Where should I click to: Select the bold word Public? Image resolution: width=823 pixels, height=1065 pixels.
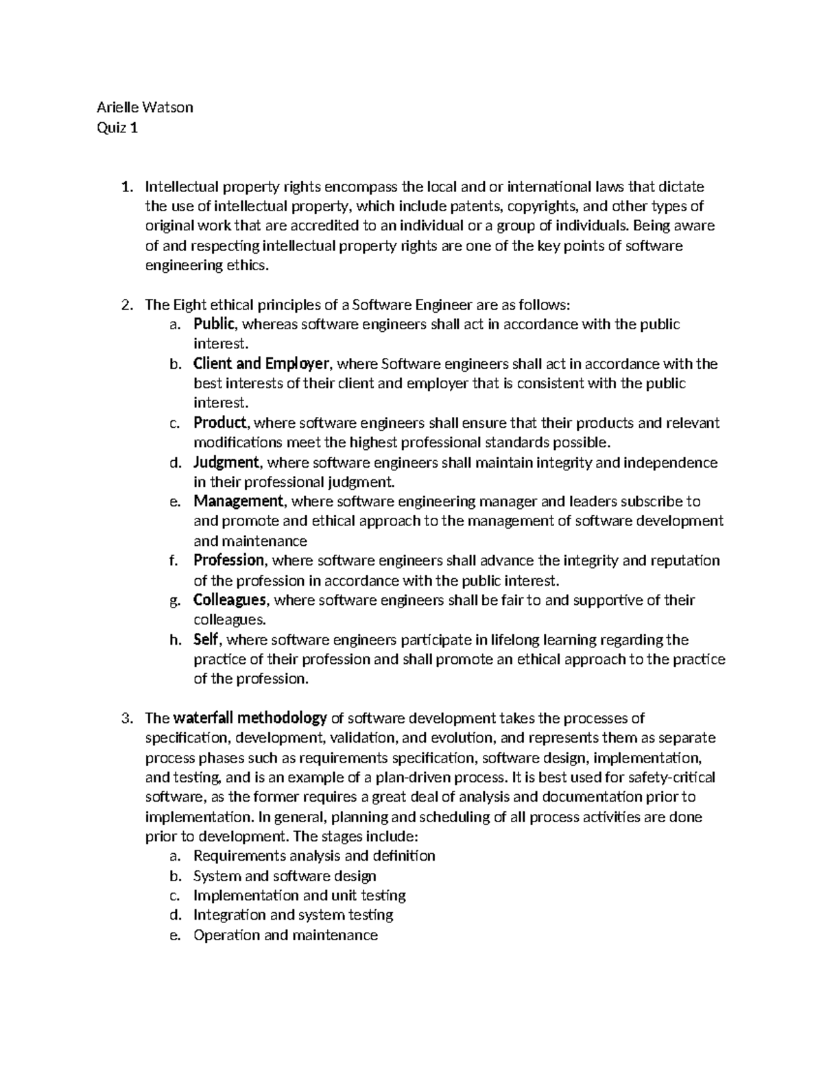[215, 324]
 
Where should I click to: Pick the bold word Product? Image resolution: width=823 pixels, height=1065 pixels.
[219, 423]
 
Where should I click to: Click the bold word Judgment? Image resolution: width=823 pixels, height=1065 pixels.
[226, 462]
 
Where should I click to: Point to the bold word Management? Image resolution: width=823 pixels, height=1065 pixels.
[238, 502]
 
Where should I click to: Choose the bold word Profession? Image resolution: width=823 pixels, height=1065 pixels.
[228, 561]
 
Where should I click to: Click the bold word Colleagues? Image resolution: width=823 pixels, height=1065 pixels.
[229, 600]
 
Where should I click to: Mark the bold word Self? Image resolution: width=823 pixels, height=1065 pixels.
[206, 640]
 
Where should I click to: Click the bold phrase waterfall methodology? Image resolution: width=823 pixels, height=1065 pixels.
[250, 718]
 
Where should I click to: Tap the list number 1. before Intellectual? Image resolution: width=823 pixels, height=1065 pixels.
[125, 187]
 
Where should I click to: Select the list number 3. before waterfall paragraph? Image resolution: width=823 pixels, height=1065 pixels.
[125, 719]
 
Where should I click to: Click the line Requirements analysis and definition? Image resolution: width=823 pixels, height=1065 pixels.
[314, 856]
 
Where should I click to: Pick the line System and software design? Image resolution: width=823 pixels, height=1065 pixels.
[285, 876]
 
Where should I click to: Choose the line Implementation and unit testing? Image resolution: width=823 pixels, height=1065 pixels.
[299, 896]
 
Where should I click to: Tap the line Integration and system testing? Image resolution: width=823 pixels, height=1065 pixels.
[293, 915]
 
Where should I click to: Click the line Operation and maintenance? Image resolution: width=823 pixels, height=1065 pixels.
[285, 935]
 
